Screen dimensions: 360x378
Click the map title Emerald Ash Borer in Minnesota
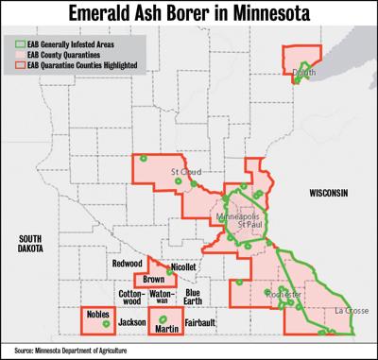click(x=189, y=14)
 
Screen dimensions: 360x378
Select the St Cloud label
click(x=184, y=172)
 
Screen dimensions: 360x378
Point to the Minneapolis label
click(x=241, y=215)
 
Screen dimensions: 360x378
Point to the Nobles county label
click(x=97, y=313)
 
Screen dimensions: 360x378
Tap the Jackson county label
click(x=132, y=323)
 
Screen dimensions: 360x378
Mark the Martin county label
click(x=166, y=328)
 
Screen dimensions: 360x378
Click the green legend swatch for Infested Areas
click(x=21, y=43)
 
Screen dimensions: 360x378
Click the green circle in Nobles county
click(x=105, y=324)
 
